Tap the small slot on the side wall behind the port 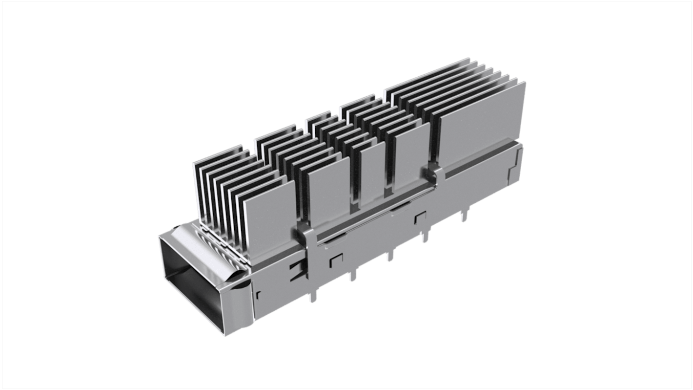258,294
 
